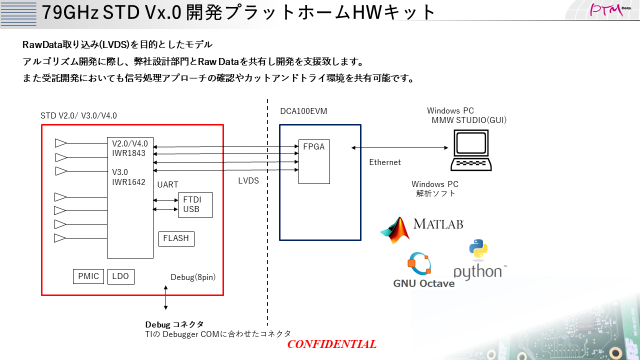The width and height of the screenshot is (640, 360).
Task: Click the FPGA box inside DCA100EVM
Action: (314, 161)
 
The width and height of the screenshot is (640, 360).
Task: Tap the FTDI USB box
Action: (195, 205)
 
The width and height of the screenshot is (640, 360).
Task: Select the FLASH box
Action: (176, 238)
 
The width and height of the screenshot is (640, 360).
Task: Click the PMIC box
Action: (88, 276)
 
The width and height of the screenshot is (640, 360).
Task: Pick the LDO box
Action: (120, 276)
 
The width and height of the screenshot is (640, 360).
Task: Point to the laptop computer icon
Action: (470, 150)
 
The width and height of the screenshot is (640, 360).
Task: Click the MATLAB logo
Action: (422, 229)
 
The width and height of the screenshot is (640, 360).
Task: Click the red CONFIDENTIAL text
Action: (331, 344)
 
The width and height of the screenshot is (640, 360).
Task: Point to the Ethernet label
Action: (385, 162)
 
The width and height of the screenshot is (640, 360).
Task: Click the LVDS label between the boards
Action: (248, 181)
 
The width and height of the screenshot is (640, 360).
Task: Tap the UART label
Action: (167, 185)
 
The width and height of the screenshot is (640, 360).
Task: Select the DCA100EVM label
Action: (303, 111)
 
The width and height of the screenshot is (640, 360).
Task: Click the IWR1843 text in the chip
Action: (128, 153)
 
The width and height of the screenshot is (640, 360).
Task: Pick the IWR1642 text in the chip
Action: (128, 182)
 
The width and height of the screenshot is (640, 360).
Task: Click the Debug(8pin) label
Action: (193, 277)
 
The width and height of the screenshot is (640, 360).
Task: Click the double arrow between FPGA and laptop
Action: (400, 147)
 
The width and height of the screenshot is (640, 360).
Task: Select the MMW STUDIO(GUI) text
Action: (469, 120)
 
